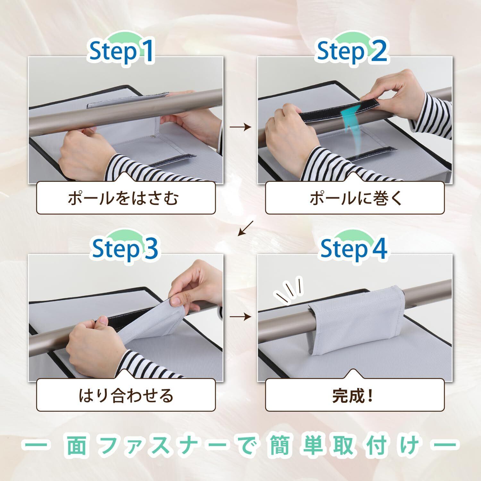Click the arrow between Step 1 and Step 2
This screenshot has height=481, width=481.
tap(240, 127)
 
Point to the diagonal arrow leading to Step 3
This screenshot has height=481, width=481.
tap(245, 228)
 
